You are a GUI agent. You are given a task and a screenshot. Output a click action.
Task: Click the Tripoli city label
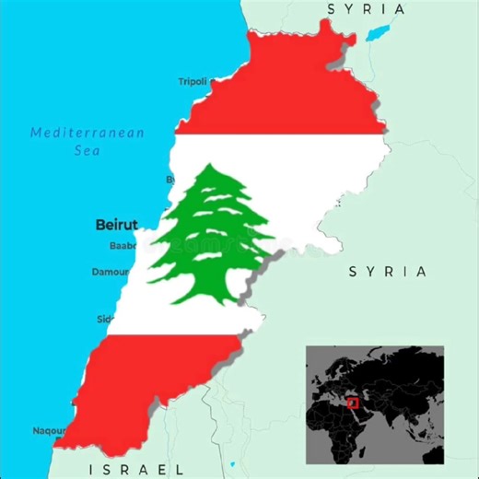click(193, 82)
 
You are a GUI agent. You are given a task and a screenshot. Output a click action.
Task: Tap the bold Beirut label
click(116, 224)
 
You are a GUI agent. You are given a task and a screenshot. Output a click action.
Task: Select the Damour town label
click(111, 272)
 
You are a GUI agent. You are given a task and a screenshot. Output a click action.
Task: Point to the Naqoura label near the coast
click(50, 430)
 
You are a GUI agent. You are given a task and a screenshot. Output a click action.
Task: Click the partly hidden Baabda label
click(123, 246)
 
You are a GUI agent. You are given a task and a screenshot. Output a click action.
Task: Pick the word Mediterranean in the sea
click(88, 133)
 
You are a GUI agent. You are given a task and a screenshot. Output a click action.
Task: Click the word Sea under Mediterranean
click(88, 150)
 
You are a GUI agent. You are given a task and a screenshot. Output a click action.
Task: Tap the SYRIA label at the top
click(366, 9)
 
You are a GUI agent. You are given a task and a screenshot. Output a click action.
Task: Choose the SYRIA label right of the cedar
click(388, 272)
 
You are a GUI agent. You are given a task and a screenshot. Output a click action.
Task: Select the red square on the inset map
click(351, 403)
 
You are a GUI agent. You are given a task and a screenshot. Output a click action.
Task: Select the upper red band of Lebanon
click(286, 101)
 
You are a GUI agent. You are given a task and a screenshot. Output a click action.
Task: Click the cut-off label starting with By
click(169, 179)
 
